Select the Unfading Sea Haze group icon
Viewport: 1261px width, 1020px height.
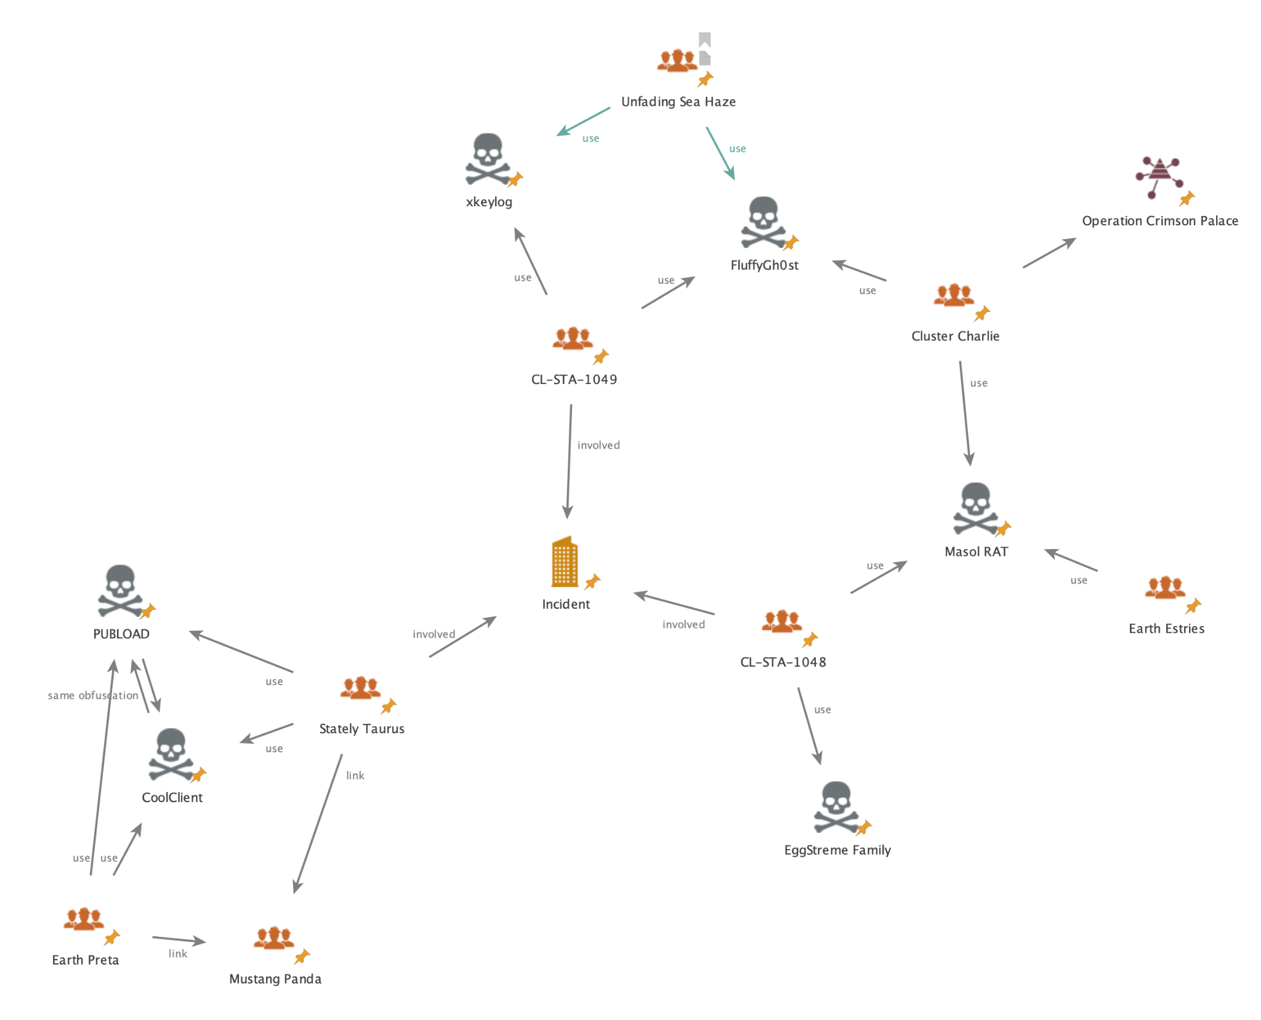pyautogui.click(x=677, y=61)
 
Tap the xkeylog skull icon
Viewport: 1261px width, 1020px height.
pyautogui.click(x=488, y=159)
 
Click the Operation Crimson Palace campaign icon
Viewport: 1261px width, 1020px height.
pyautogui.click(x=1159, y=177)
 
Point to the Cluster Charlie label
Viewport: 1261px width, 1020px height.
pyautogui.click(x=955, y=336)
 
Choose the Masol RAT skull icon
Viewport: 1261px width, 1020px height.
pyautogui.click(x=975, y=508)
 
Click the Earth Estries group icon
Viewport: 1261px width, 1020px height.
pyautogui.click(x=1165, y=588)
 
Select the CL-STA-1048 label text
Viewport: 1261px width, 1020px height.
pyautogui.click(x=783, y=662)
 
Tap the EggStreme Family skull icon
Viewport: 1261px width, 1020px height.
pyautogui.click(x=836, y=806)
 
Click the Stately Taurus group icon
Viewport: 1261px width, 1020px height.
pyautogui.click(x=361, y=688)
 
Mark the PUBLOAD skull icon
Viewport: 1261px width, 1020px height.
pyautogui.click(x=120, y=590)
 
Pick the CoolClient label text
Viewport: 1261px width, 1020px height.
pyautogui.click(x=172, y=798)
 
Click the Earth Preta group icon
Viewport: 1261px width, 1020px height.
pyautogui.click(x=84, y=918)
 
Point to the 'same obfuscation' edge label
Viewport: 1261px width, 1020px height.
pyautogui.click(x=93, y=696)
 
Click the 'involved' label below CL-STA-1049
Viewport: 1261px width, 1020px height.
pyautogui.click(x=598, y=445)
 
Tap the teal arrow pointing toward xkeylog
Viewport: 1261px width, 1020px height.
pyautogui.click(x=582, y=121)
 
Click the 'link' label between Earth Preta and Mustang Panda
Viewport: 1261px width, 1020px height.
pyautogui.click(x=178, y=954)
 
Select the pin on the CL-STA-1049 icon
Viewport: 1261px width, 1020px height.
pyautogui.click(x=601, y=356)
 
